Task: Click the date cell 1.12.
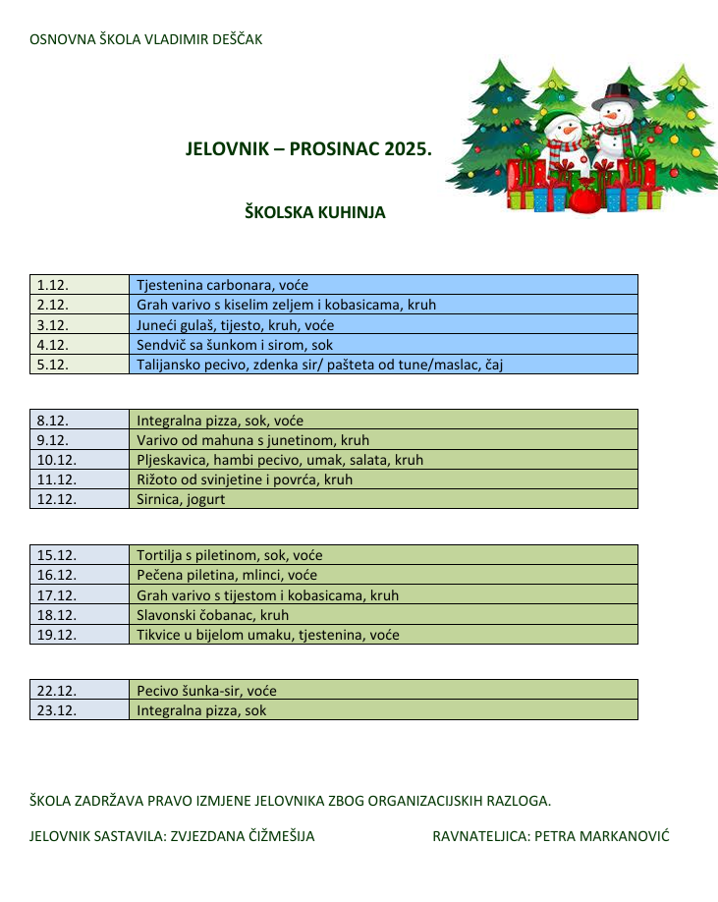tap(80, 285)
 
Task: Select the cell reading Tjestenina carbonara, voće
tap(383, 285)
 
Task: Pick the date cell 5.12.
tap(80, 364)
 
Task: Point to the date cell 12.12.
tap(80, 499)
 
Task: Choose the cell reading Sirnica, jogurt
tap(383, 499)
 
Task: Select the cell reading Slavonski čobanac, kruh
tap(383, 615)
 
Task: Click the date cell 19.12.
tap(80, 635)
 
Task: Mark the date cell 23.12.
tap(80, 710)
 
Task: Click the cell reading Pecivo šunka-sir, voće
tap(383, 691)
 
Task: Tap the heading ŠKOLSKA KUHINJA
tap(314, 212)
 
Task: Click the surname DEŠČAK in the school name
tap(231, 40)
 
